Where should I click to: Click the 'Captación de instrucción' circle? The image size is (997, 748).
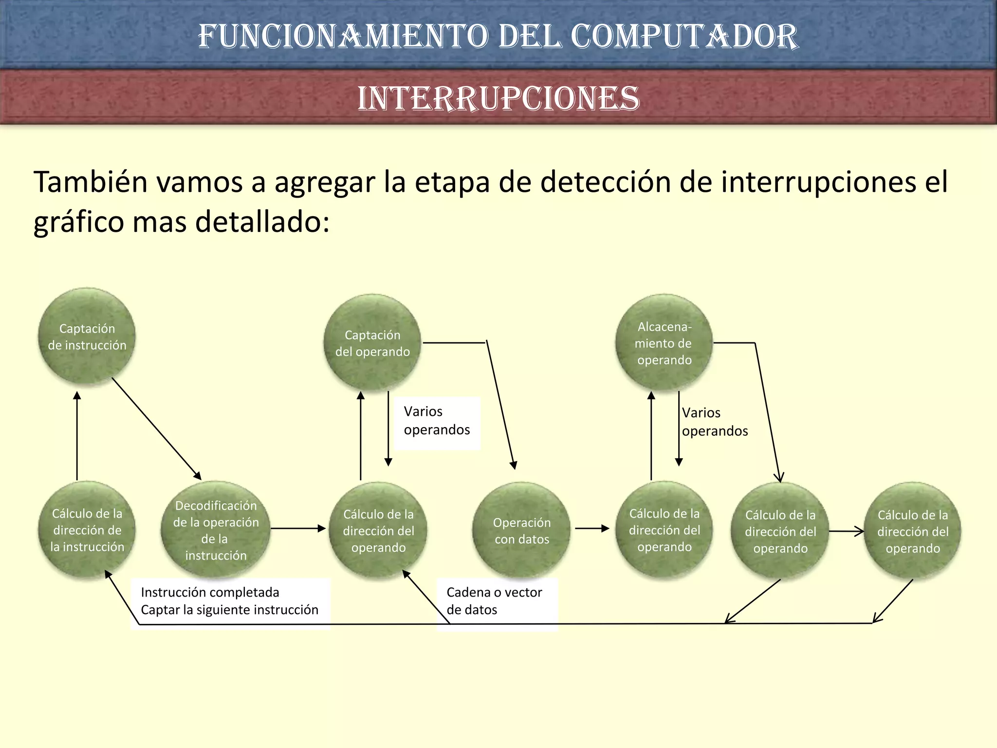pos(87,337)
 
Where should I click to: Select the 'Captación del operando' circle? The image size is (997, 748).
pos(372,343)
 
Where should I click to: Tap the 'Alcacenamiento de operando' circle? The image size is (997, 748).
pos(664,343)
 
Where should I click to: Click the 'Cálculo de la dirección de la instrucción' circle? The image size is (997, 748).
pos(87,530)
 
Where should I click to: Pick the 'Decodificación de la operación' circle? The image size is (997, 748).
pos(216,530)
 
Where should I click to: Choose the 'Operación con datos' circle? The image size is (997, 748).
pos(521,530)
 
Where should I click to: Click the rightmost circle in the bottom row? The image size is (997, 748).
pos(913,531)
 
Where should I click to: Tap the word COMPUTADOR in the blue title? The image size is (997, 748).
pos(684,37)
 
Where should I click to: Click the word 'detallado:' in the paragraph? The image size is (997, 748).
pos(262,222)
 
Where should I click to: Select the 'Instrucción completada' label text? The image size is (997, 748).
pos(210,592)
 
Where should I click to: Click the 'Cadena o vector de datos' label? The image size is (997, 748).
pos(494,601)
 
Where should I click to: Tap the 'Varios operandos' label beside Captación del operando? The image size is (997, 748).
pos(437,421)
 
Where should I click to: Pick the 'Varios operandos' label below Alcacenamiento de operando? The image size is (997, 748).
pos(715,422)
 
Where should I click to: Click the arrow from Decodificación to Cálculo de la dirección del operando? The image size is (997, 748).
pos(298,528)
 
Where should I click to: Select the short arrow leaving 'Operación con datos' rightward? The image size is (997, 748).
pos(592,528)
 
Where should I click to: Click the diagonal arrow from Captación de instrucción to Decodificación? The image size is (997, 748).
pos(156,429)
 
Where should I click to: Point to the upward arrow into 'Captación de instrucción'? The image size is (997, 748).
pos(77,436)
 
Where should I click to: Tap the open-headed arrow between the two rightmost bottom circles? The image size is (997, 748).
pos(846,531)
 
